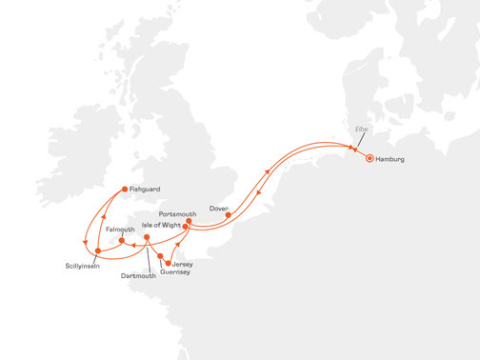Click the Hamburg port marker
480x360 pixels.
(x=370, y=159)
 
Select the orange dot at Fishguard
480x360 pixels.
(x=123, y=190)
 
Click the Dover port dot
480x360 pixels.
(x=228, y=214)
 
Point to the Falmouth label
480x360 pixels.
(x=121, y=230)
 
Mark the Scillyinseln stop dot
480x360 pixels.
(x=98, y=251)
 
